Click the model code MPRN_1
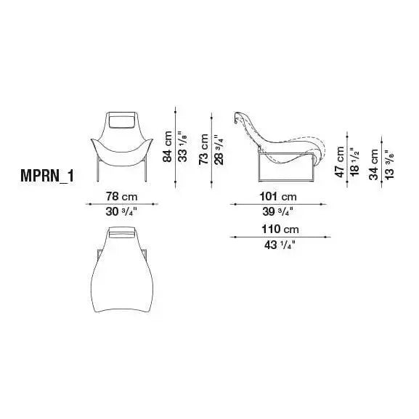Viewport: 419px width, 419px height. tap(47, 176)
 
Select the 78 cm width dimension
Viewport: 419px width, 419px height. tap(121, 197)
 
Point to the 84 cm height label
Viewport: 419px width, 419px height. tap(168, 147)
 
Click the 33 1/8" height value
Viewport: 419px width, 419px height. tap(183, 147)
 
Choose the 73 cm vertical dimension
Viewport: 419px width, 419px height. tap(203, 149)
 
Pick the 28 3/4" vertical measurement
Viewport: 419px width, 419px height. tap(219, 150)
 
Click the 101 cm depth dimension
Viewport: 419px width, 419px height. tap(278, 197)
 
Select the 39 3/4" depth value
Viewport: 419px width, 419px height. tap(277, 212)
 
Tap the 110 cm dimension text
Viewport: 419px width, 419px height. tap(280, 229)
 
